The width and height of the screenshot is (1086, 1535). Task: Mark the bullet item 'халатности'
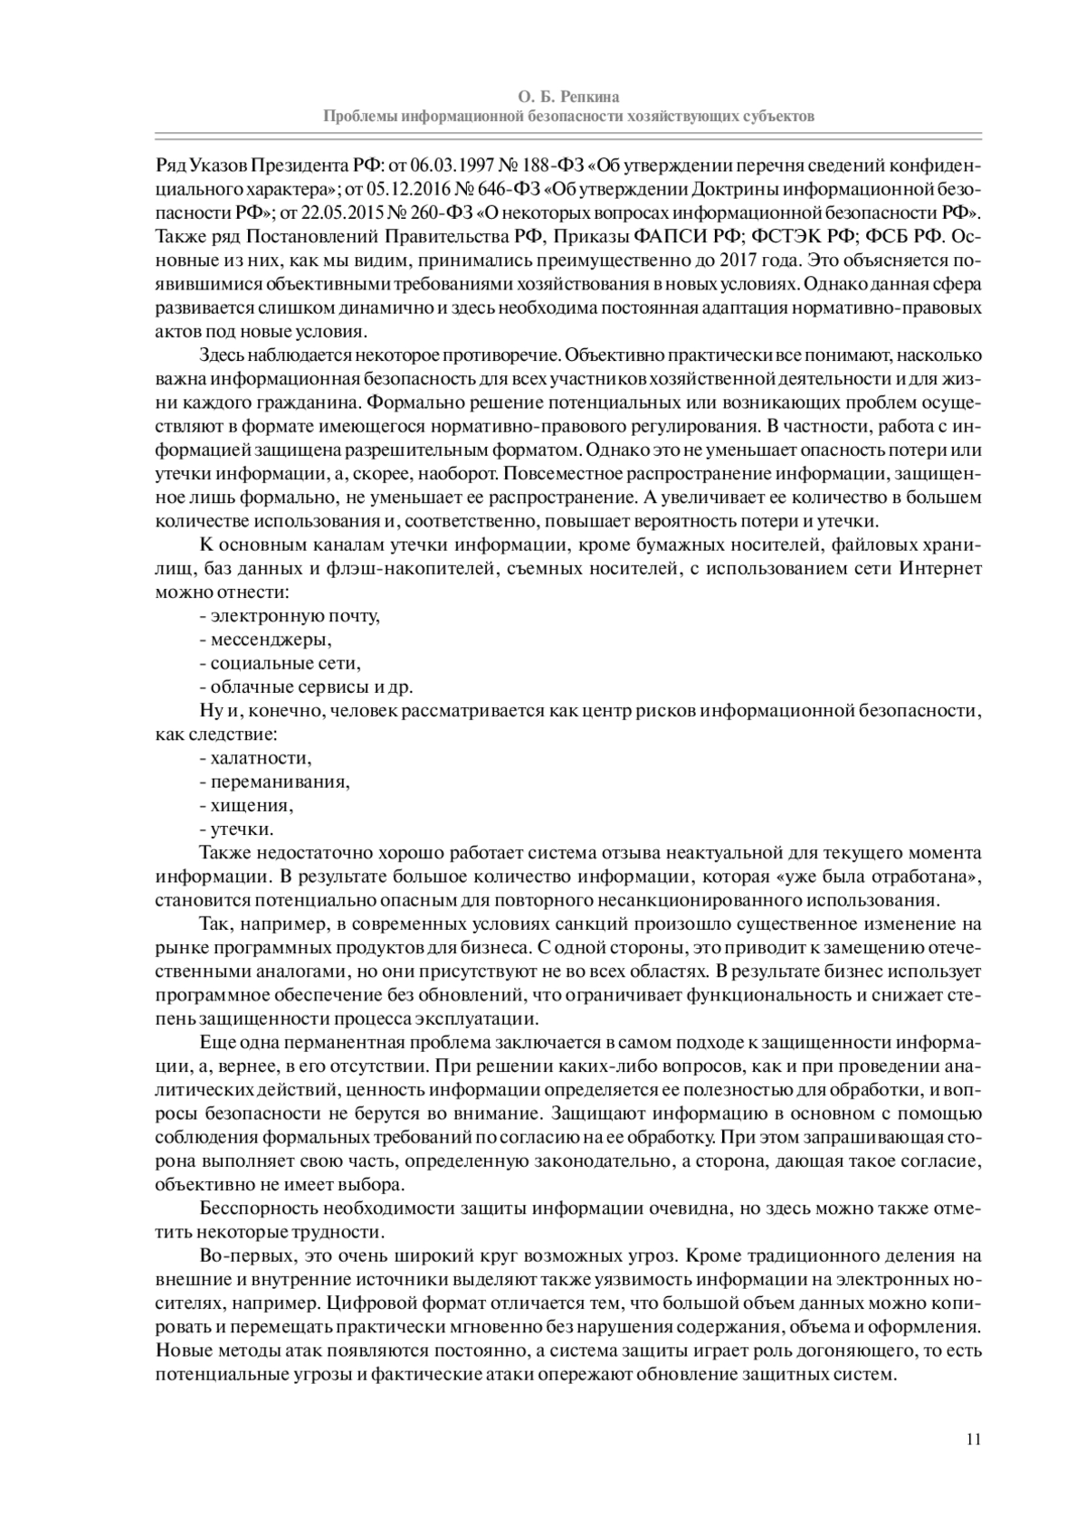pos(260,758)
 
